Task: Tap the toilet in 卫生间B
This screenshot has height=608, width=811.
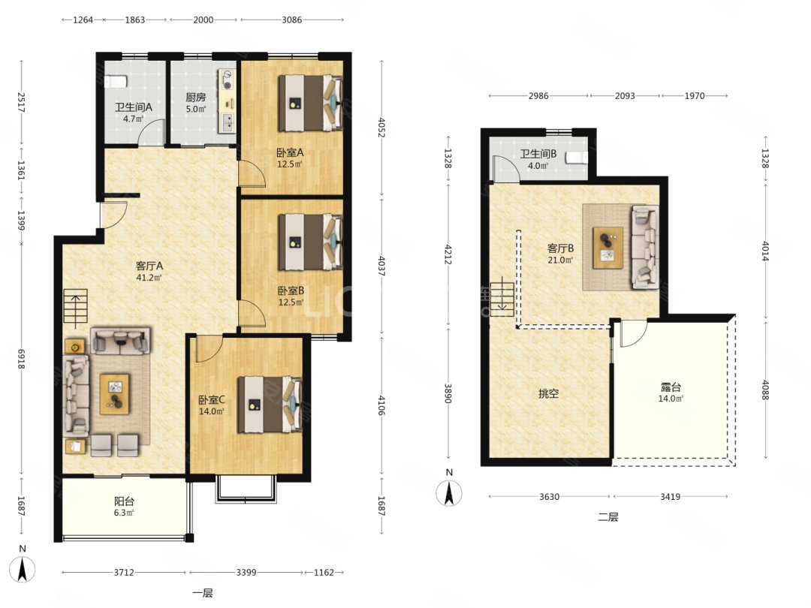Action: coord(577,157)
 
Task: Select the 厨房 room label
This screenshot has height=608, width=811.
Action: coord(195,97)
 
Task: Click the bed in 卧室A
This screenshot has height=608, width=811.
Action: coord(310,102)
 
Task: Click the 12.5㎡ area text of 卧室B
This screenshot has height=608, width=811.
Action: coord(291,302)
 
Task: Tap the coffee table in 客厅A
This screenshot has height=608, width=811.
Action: coord(115,394)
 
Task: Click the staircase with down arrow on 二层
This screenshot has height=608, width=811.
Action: coord(502,299)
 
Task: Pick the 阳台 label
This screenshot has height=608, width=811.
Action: coord(124,501)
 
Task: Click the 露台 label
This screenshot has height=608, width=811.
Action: coord(671,387)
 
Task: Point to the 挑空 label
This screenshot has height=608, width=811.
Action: coord(548,393)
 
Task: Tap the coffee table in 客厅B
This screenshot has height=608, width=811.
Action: coord(607,247)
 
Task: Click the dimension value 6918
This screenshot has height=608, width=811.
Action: coord(21,359)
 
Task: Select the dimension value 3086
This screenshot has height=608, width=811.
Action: coord(291,20)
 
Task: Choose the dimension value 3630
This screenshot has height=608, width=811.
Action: coord(549,496)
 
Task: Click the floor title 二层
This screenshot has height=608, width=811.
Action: coord(607,516)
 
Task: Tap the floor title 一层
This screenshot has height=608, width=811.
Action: coord(202,593)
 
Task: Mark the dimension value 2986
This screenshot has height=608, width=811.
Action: coord(538,95)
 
